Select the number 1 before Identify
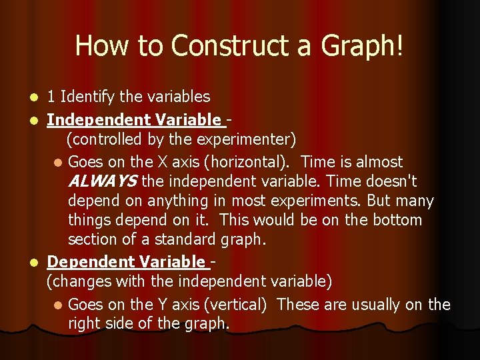point(51,97)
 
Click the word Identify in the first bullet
point(87,97)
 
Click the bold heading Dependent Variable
point(126,262)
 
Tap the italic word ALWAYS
point(103,181)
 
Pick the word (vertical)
point(236,305)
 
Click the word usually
point(371,305)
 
